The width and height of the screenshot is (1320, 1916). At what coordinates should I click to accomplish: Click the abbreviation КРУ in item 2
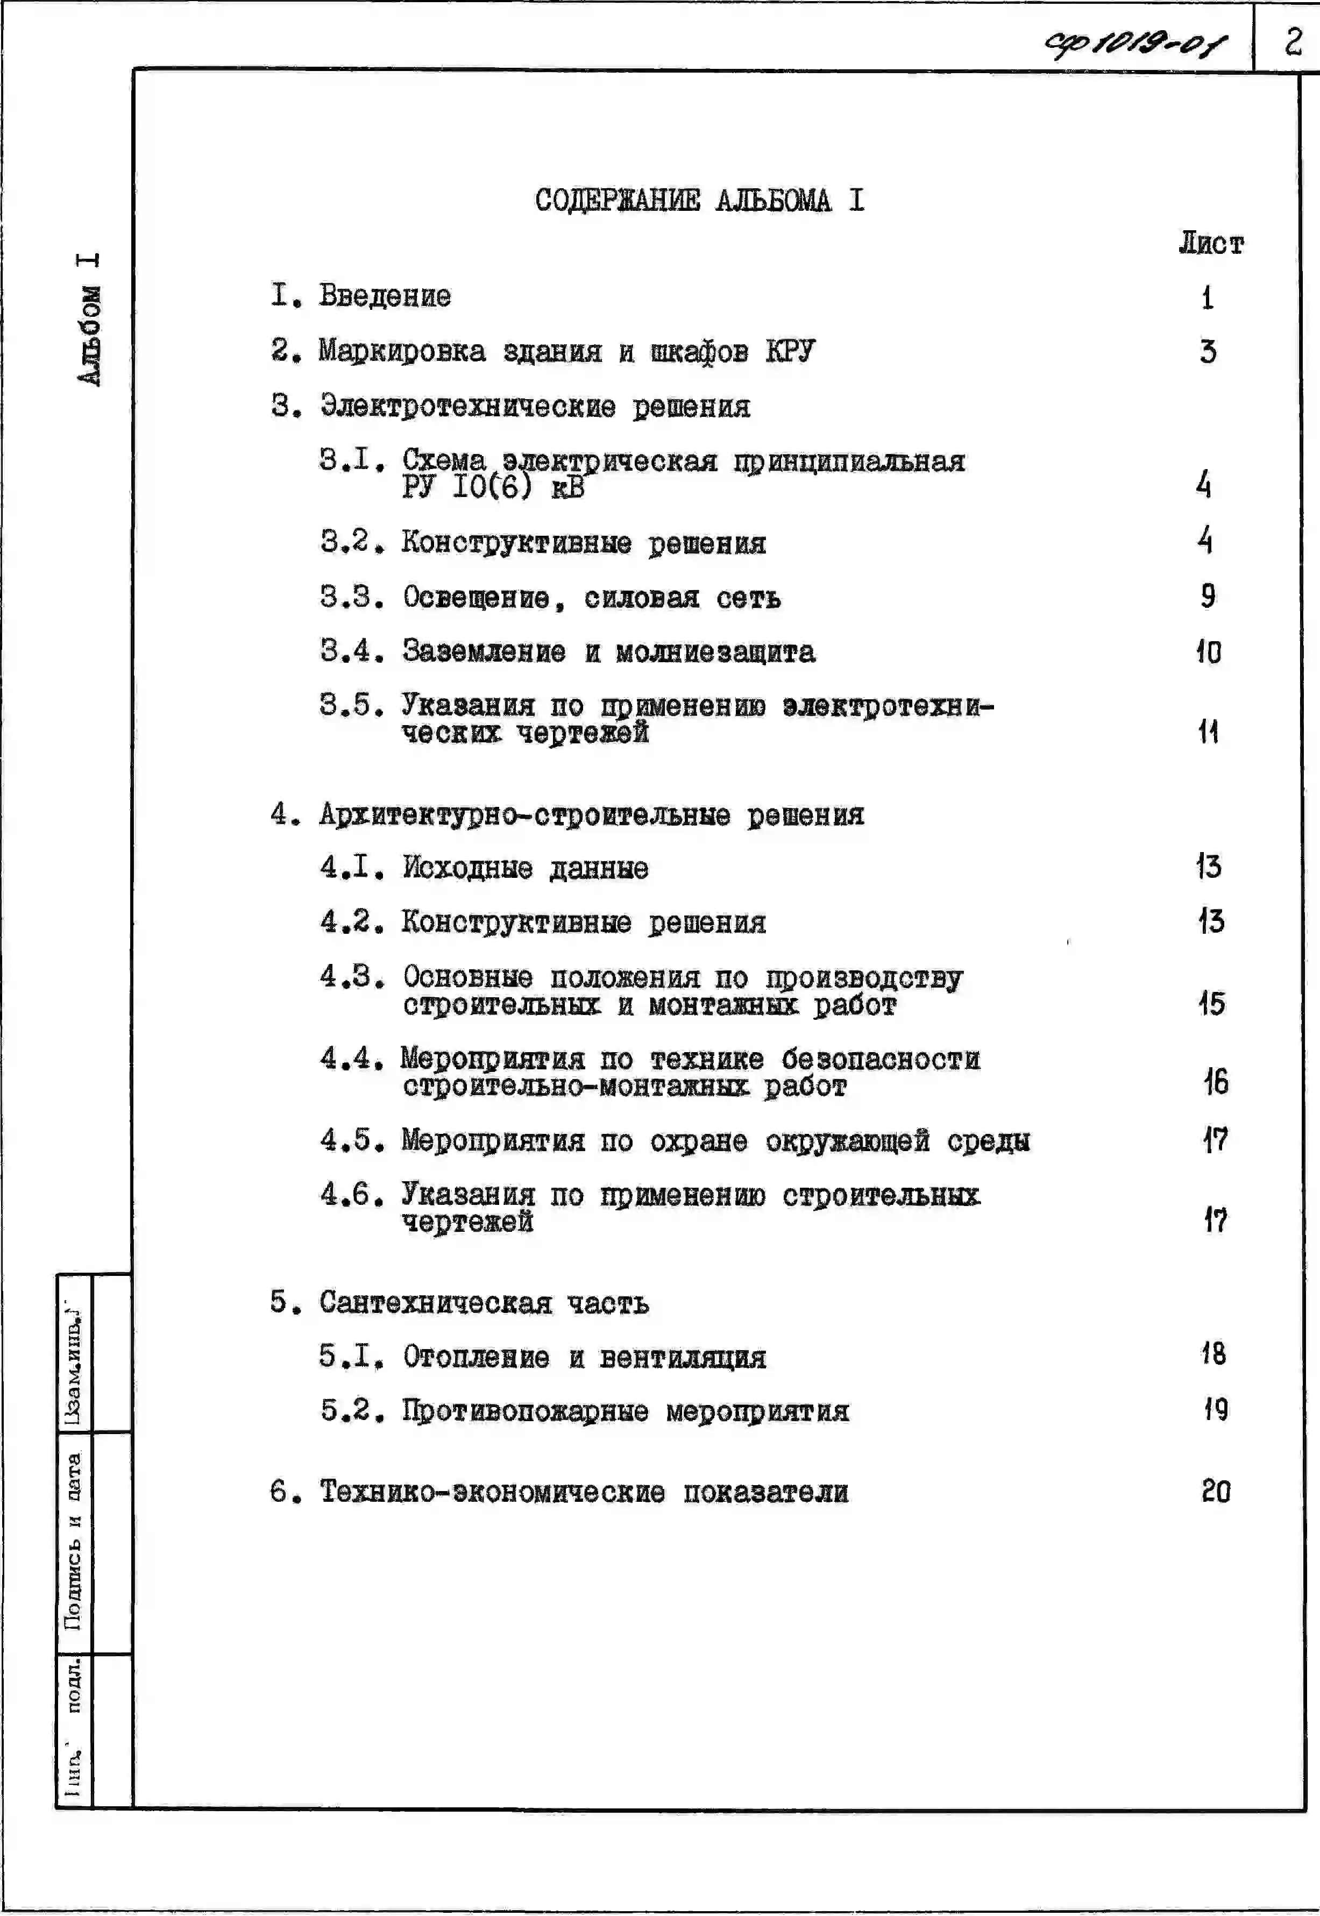coord(790,351)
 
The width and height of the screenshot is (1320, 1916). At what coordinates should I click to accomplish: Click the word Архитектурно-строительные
coord(525,815)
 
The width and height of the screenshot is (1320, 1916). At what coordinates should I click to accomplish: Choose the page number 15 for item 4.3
coord(1212,1003)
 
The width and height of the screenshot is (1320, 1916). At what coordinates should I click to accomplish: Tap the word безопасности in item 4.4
coord(881,1059)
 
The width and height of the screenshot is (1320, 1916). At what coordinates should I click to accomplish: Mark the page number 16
coord(1215,1082)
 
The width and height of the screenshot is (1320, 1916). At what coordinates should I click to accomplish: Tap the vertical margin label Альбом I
coord(89,319)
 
